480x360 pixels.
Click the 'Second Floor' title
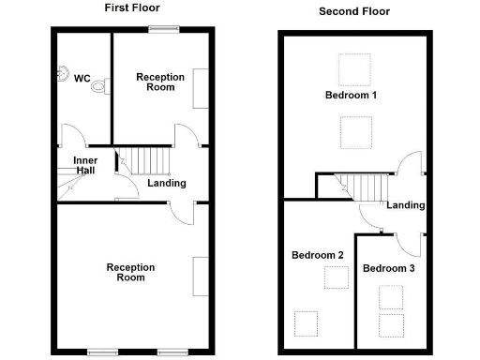point(354,11)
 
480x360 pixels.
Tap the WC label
point(82,79)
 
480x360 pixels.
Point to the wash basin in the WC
point(64,72)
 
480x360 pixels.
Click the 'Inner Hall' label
point(85,166)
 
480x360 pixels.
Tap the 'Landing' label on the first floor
point(166,183)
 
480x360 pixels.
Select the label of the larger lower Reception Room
point(130,272)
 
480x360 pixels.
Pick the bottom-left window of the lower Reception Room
point(98,352)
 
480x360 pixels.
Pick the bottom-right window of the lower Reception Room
point(170,352)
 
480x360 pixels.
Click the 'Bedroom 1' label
point(351,96)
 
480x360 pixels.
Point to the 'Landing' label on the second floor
point(406,205)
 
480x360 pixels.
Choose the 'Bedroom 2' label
point(317,255)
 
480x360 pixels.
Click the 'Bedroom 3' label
point(388,268)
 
